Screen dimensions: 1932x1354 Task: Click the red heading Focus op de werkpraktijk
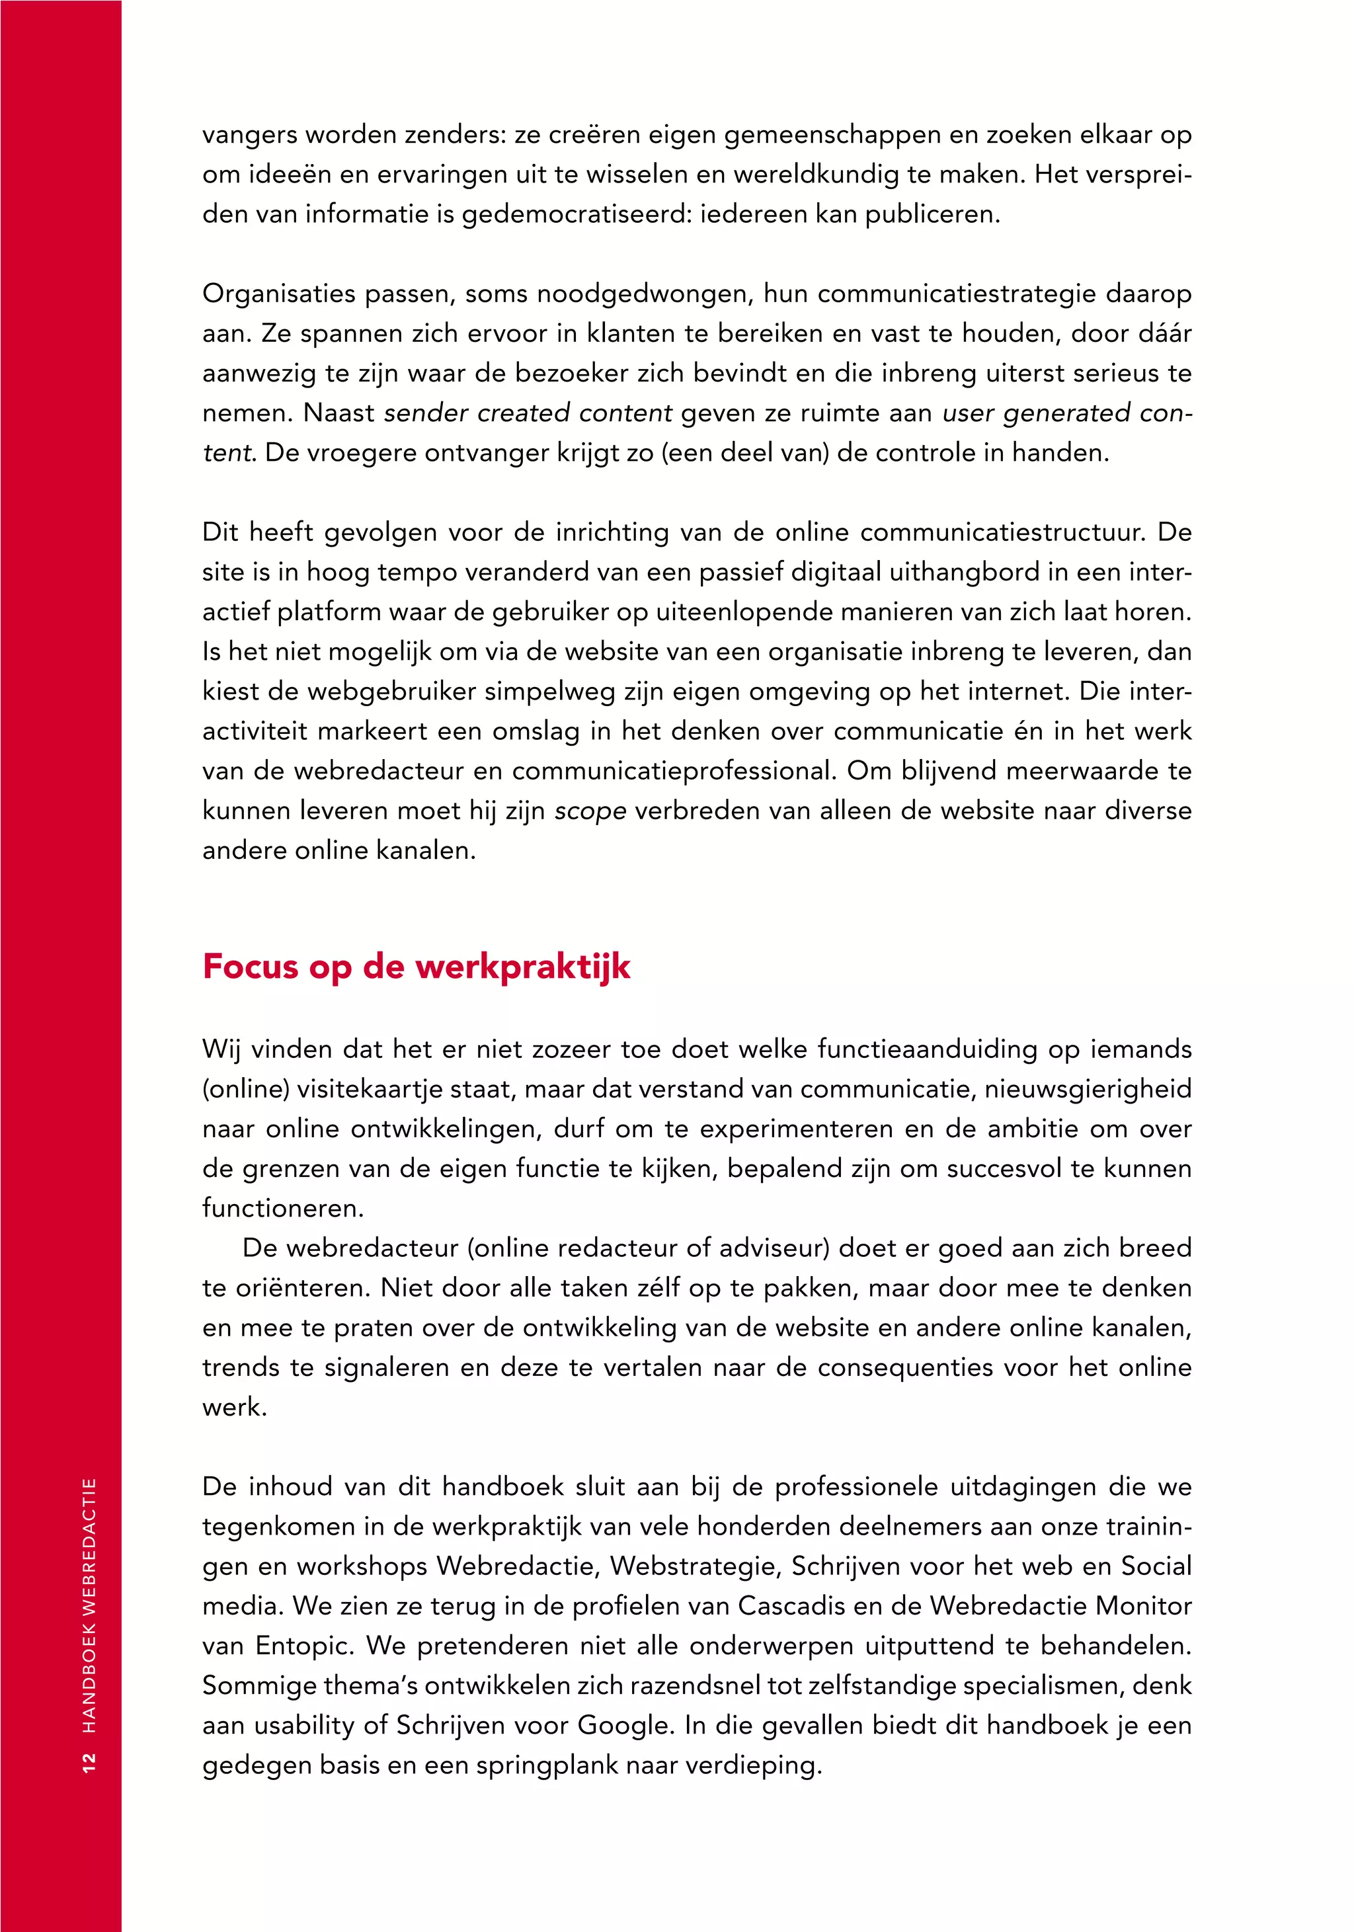click(x=416, y=966)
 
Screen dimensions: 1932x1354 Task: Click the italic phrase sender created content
click(x=528, y=413)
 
